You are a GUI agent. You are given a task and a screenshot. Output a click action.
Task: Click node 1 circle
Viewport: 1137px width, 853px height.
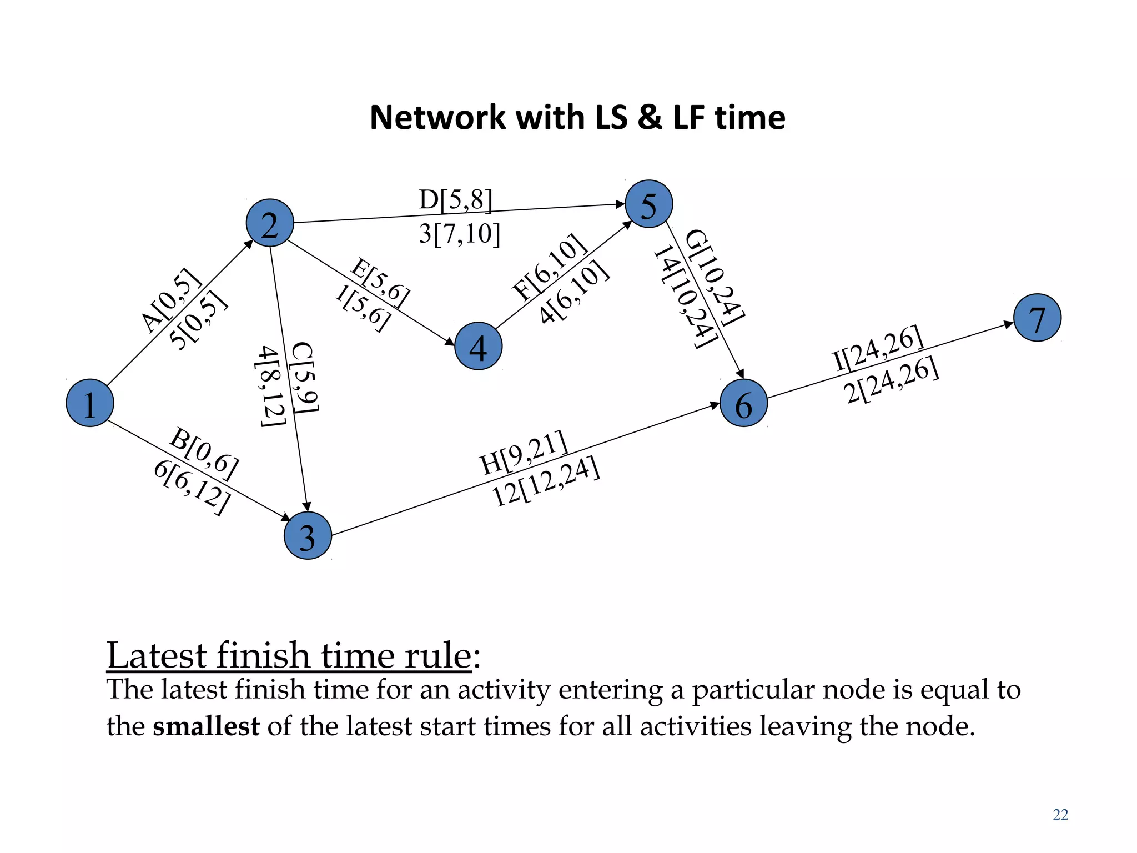click(90, 403)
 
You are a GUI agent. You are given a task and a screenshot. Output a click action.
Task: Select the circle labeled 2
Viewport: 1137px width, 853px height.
click(270, 223)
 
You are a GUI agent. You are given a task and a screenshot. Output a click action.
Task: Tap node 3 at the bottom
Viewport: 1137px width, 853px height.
click(308, 535)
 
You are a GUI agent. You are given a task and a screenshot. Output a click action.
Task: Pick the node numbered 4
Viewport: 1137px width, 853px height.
click(478, 346)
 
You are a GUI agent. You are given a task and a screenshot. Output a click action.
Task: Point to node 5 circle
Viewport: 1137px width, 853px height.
click(648, 204)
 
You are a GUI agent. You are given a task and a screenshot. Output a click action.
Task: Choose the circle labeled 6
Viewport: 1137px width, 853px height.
click(743, 403)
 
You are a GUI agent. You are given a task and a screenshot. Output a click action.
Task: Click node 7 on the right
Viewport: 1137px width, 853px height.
click(1037, 318)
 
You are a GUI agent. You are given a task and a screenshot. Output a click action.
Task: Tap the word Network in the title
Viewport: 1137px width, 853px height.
click(437, 118)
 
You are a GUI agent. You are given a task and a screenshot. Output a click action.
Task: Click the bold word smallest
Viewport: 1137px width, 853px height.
click(206, 726)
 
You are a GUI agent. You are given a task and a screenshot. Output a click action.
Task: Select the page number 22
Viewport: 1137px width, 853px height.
click(1060, 815)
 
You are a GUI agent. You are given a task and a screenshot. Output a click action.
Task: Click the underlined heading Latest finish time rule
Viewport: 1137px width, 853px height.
click(289, 656)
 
